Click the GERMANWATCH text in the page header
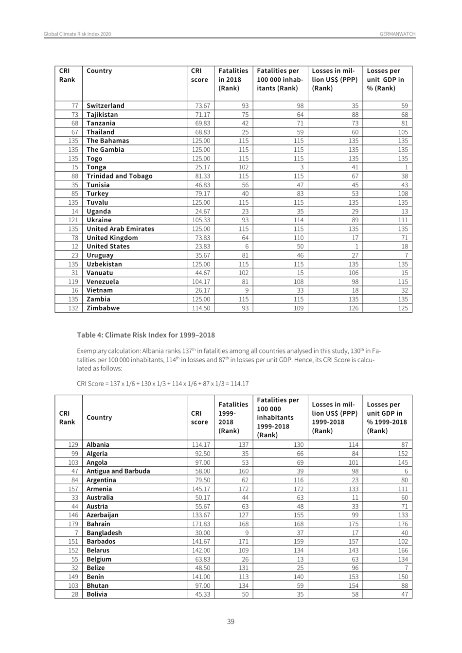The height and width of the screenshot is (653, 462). coord(397,34)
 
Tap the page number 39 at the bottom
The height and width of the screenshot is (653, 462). coord(231,621)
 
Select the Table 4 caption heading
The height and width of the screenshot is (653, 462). coord(146,335)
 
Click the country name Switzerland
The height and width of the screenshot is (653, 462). coord(106,106)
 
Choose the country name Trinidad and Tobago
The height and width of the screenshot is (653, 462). coord(119,176)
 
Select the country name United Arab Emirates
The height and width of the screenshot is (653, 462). coord(120,229)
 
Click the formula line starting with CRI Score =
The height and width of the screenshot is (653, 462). coord(162,384)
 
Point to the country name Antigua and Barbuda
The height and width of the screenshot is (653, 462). coord(118,471)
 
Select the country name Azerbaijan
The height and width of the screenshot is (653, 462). coord(102,515)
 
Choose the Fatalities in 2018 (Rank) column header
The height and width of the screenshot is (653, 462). coord(233,79)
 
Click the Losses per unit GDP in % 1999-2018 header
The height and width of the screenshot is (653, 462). coord(387,417)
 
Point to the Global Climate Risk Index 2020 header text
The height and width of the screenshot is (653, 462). coord(77,34)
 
